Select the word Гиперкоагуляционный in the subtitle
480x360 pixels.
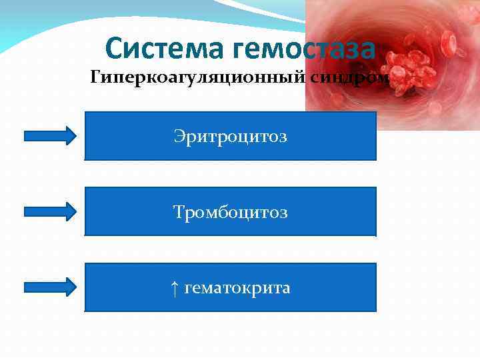click(x=197, y=79)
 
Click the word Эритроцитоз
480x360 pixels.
click(x=230, y=137)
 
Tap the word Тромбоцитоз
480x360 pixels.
click(x=230, y=213)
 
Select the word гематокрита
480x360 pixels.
click(x=237, y=289)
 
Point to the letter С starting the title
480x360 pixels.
click(x=114, y=49)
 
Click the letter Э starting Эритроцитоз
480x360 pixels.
click(x=179, y=137)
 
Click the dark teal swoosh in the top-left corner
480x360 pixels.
click(x=27, y=27)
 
